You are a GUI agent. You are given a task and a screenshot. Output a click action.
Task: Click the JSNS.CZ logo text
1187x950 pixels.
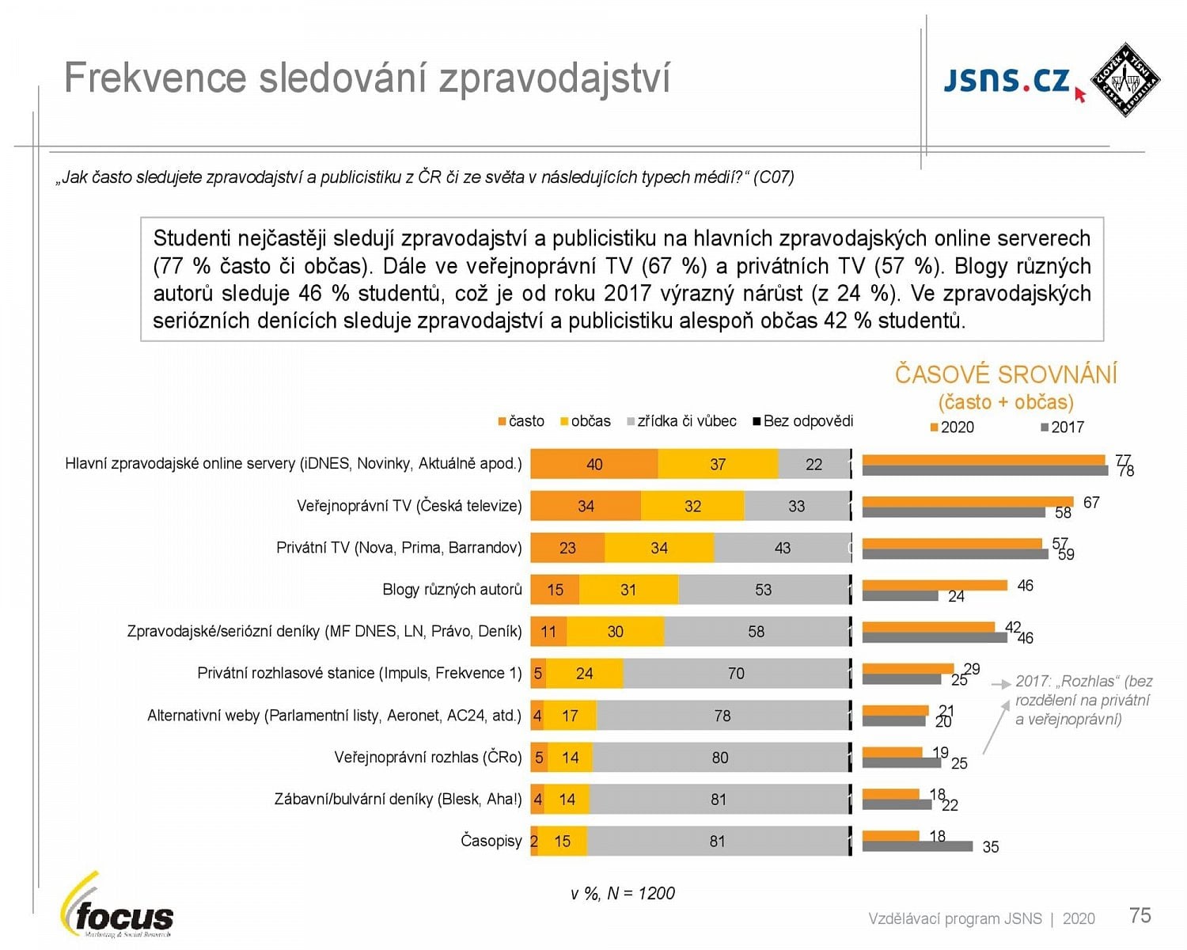(1007, 81)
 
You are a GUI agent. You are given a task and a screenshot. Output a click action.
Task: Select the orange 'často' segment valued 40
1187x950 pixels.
(593, 465)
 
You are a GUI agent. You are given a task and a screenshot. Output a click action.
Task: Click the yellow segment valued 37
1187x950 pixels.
(718, 465)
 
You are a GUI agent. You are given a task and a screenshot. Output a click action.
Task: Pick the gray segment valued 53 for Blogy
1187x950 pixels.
(763, 590)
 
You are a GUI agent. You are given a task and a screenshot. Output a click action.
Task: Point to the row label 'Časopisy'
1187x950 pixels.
(491, 841)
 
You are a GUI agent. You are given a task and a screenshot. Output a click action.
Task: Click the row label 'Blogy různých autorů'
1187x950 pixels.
(452, 590)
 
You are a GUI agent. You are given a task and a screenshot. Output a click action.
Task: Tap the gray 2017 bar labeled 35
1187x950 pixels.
(917, 846)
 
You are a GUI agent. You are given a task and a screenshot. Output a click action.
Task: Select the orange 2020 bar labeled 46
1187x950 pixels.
(934, 585)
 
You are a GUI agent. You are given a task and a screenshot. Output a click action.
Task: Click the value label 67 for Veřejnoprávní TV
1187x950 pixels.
(1091, 503)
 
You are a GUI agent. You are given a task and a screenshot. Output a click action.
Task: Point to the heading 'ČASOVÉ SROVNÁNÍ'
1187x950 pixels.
(1006, 374)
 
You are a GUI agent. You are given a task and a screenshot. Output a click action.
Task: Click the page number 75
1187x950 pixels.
(1140, 916)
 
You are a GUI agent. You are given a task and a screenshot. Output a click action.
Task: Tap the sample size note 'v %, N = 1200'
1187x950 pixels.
(623, 894)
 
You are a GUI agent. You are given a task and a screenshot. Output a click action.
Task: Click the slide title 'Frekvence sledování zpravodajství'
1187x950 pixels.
(366, 78)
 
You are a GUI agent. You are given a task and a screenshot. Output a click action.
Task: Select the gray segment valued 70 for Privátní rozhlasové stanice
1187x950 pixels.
(736, 674)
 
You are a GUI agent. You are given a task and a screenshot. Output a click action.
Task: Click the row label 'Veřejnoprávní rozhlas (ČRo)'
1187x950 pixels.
(427, 758)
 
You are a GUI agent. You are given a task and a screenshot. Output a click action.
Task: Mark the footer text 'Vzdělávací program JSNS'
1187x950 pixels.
(955, 919)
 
